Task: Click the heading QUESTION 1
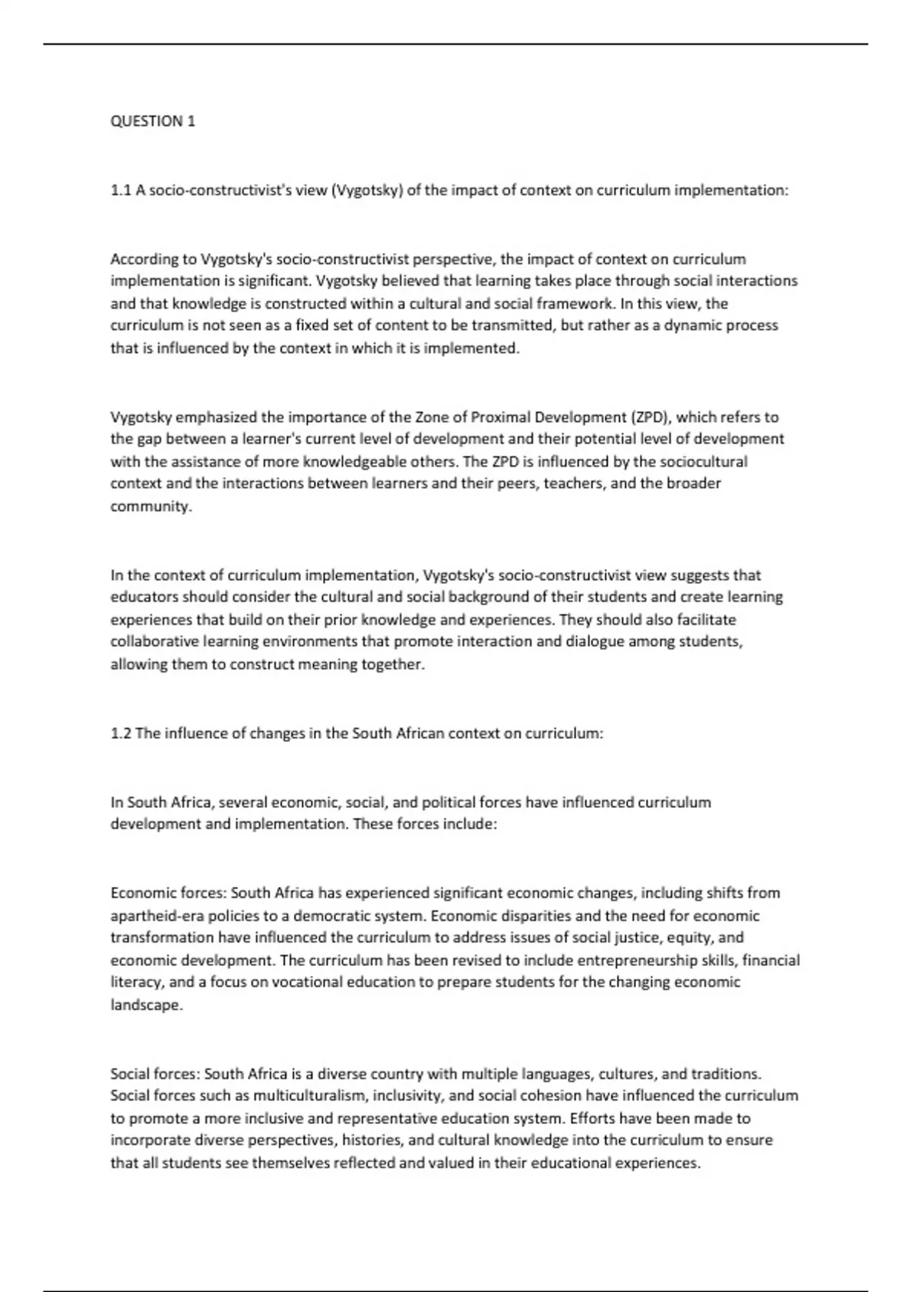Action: (x=153, y=122)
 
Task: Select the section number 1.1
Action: (x=121, y=190)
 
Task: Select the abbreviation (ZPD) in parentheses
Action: (x=648, y=416)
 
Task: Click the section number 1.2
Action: (x=121, y=733)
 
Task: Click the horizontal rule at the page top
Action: (x=456, y=44)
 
